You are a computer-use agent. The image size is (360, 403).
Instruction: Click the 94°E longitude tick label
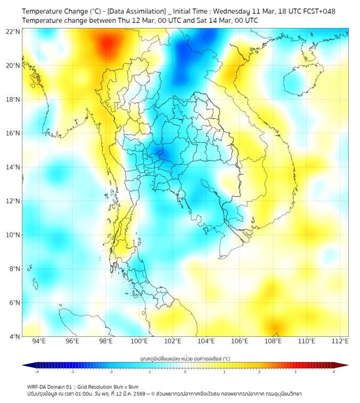(39, 341)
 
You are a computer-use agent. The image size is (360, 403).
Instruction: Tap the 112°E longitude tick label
(340, 341)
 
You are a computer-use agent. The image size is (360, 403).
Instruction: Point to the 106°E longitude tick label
(240, 341)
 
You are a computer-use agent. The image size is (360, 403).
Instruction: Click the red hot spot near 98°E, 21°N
(108, 44)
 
